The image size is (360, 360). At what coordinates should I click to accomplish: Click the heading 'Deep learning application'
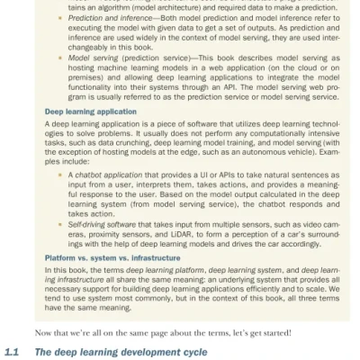(91, 112)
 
